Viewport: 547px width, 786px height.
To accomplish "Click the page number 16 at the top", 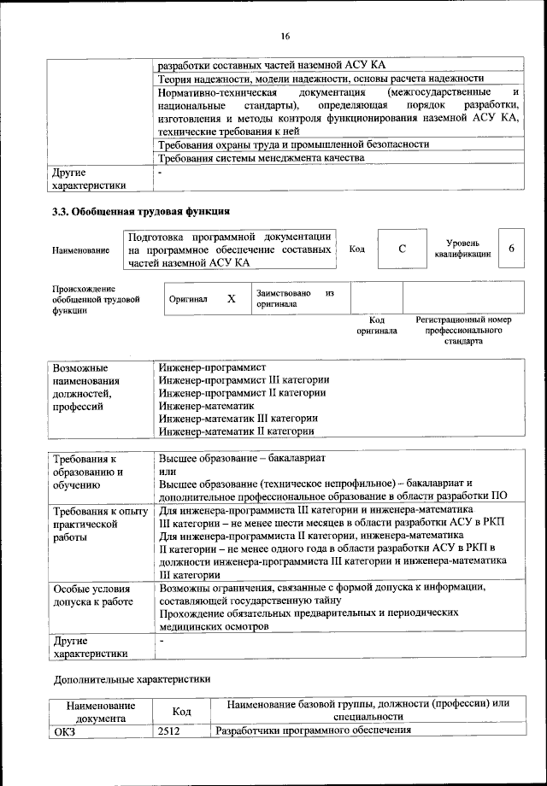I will tap(285, 35).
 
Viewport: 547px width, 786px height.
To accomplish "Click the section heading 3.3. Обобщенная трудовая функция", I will tap(140, 211).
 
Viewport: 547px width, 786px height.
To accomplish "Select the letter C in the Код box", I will tap(402, 249).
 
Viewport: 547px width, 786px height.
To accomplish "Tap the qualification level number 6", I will tap(510, 248).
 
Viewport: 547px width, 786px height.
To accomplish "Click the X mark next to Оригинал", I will tap(231, 299).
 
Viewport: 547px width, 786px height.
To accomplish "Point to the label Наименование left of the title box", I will tap(80, 250).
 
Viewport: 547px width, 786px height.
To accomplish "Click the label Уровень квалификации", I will tap(462, 249).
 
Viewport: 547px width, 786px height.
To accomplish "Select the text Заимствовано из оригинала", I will tap(293, 298).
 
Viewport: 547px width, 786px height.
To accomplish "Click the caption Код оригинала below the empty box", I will tap(377, 326).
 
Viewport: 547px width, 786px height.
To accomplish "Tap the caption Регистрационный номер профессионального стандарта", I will tap(462, 331).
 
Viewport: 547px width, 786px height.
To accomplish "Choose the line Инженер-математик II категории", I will tap(238, 432).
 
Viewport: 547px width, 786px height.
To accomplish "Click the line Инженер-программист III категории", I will tap(244, 379).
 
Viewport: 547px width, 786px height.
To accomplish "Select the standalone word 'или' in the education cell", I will tap(168, 471).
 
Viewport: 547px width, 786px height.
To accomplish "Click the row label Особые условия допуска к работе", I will tap(92, 595).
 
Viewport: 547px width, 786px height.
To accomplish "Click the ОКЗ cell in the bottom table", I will tap(64, 730).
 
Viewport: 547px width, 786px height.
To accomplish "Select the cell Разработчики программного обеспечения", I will tap(313, 730).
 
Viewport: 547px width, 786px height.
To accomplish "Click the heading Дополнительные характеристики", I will tap(131, 679).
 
